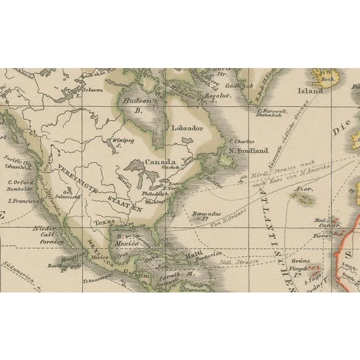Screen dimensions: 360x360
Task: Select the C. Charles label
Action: coord(242,142)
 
